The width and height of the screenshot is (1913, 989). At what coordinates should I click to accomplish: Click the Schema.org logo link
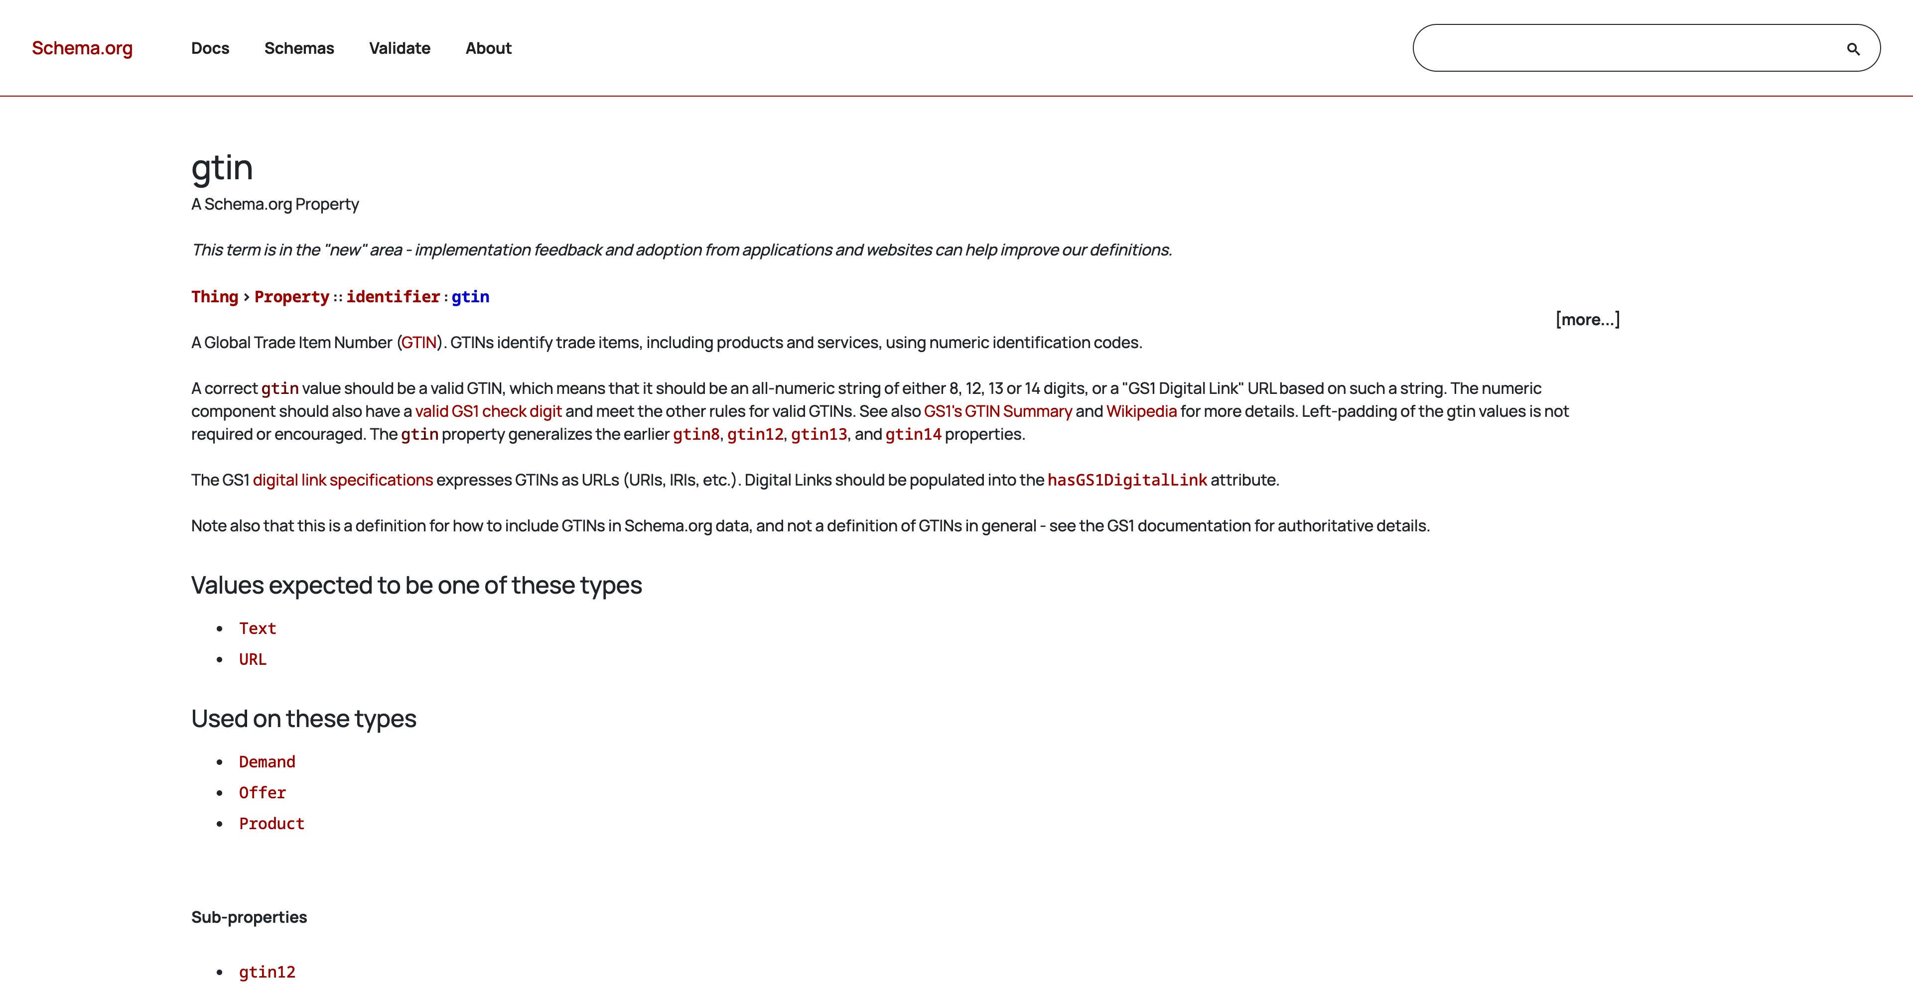82,48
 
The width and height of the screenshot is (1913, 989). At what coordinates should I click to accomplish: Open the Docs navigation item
210,48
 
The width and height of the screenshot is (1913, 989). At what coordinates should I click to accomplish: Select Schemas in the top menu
299,48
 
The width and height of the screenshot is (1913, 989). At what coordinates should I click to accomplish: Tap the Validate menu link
400,48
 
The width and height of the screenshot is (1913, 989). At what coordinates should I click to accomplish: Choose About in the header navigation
489,48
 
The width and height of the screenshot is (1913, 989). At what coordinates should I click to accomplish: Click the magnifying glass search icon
1853,49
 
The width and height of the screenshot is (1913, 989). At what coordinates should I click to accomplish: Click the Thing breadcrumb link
215,297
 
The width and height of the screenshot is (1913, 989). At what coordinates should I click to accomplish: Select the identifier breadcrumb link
393,297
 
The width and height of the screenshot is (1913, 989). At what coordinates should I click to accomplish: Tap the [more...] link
1588,319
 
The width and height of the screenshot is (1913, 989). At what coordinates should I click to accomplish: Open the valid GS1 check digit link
488,411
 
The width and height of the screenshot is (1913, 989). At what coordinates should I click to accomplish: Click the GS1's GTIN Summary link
997,411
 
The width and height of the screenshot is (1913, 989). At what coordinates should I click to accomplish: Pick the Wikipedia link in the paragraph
1141,411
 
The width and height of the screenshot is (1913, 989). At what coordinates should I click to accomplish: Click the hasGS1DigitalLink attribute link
1126,481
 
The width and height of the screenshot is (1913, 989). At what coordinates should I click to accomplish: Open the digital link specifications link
342,481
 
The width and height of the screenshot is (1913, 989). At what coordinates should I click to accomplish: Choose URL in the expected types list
253,659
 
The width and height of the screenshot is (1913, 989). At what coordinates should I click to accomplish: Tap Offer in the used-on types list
262,793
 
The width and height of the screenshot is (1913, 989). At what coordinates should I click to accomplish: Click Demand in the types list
267,762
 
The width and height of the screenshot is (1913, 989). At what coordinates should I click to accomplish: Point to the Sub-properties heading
249,917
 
